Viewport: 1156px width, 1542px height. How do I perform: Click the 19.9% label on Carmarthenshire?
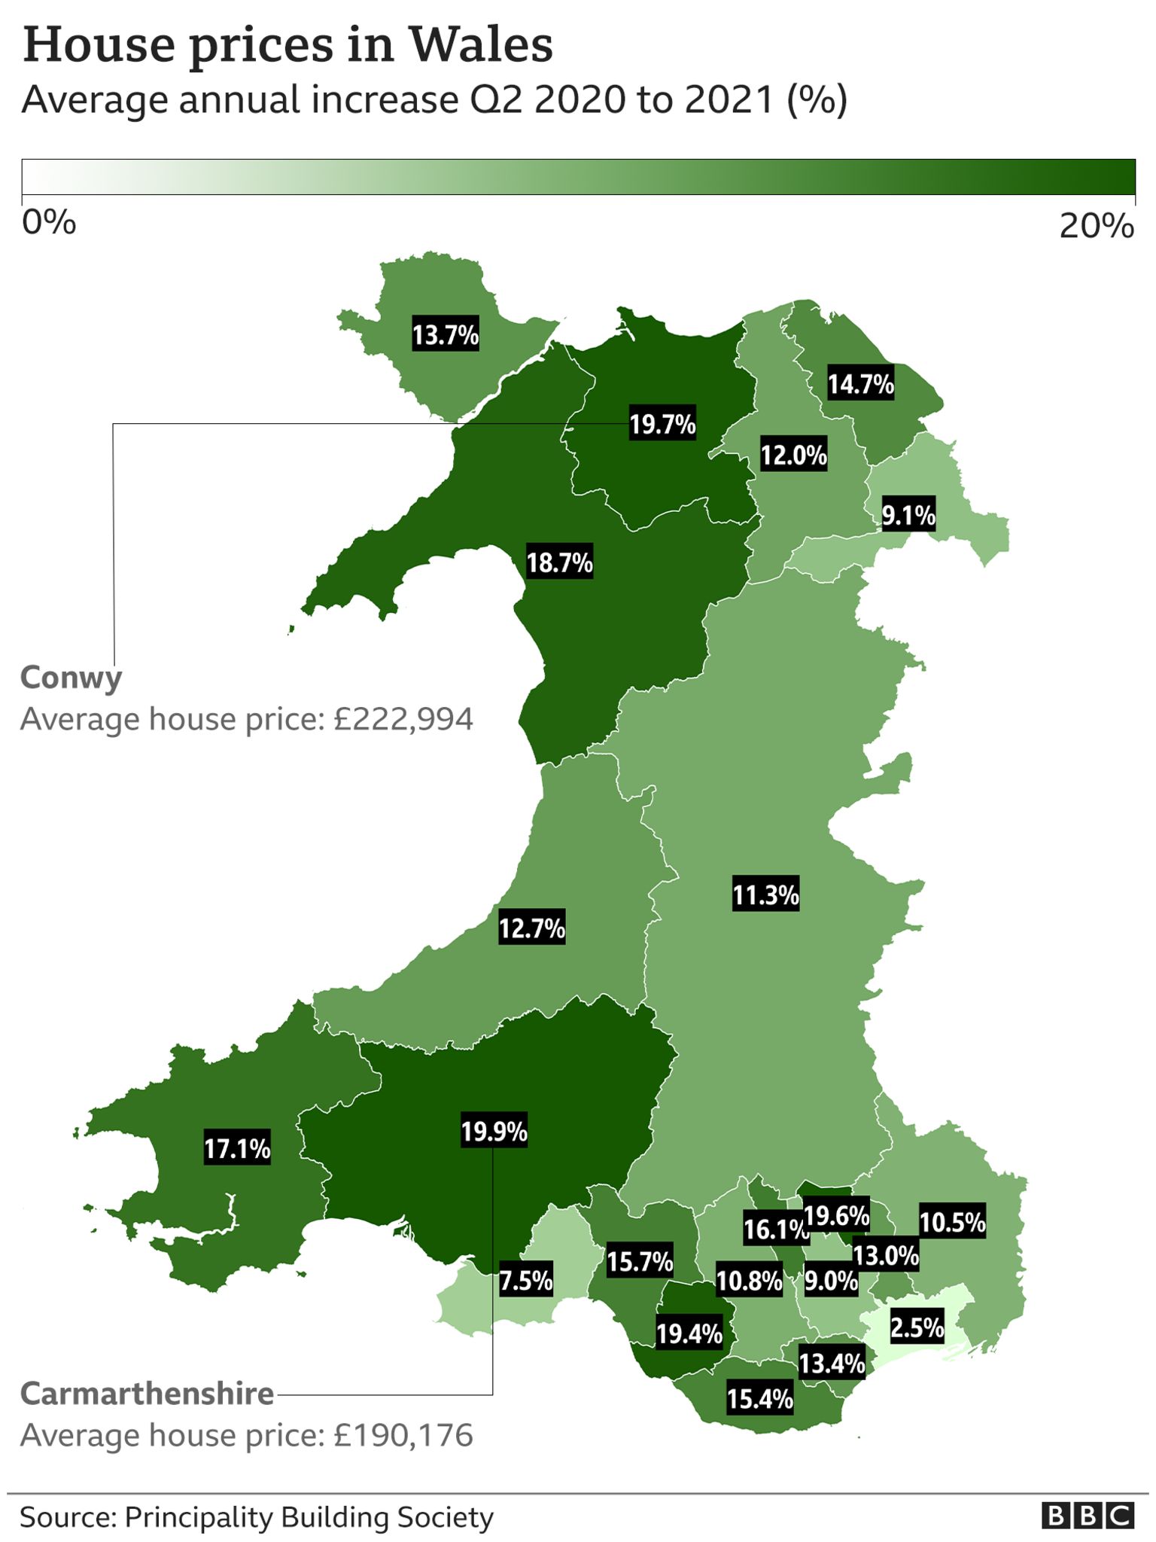click(494, 1131)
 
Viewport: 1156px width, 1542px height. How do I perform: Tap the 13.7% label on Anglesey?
click(446, 334)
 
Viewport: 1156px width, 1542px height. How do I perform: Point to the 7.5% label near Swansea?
click(526, 1280)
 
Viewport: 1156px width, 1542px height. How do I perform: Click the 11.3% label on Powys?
click(765, 895)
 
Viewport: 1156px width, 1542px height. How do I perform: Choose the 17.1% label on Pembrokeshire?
click(237, 1148)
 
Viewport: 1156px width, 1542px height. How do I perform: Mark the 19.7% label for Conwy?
click(662, 425)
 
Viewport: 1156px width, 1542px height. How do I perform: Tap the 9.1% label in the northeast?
click(908, 516)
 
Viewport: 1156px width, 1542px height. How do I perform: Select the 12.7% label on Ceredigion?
click(531, 928)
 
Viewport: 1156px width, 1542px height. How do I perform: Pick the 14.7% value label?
click(860, 384)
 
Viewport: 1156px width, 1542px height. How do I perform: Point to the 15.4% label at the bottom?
click(759, 1399)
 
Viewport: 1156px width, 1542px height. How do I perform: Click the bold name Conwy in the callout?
click(71, 678)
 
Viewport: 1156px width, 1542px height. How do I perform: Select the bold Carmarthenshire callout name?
click(147, 1394)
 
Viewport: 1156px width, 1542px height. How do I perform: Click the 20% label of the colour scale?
click(1095, 225)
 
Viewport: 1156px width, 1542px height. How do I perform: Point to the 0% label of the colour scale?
click(49, 223)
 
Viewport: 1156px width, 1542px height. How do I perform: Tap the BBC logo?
click(1088, 1516)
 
